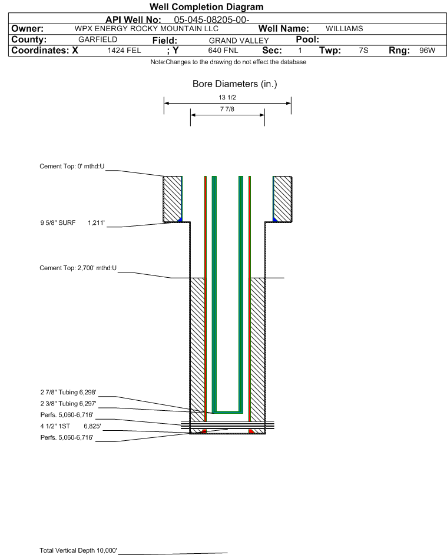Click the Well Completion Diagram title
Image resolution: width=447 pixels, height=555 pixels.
point(207,6)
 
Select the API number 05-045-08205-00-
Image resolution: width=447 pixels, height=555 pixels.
point(211,20)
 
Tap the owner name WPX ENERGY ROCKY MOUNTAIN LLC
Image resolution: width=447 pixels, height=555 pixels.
point(146,29)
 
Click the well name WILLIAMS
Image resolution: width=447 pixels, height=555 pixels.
point(345,29)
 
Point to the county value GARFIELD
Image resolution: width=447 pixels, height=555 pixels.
point(98,39)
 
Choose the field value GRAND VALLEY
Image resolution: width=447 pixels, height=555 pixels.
point(239,41)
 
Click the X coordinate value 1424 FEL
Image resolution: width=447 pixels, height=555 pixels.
point(124,50)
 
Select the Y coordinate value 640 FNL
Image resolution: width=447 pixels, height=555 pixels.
point(223,50)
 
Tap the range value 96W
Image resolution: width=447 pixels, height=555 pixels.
point(427,50)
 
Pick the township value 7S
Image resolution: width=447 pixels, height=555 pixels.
point(363,50)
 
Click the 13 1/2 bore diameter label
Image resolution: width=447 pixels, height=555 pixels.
point(227,97)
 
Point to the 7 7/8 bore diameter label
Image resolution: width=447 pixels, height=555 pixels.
point(227,109)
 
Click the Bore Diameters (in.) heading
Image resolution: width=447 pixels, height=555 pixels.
point(235,84)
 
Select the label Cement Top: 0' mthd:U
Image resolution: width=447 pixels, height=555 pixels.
point(72,167)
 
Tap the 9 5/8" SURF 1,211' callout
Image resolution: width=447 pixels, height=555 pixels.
point(72,222)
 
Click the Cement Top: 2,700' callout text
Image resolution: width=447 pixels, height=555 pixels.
point(78,268)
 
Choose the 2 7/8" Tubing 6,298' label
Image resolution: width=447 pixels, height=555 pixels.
point(68,392)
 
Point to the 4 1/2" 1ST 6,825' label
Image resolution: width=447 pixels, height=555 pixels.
point(71,426)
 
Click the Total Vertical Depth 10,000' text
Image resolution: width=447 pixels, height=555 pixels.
point(78,550)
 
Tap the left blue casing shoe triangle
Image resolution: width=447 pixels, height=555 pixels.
point(180,220)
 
